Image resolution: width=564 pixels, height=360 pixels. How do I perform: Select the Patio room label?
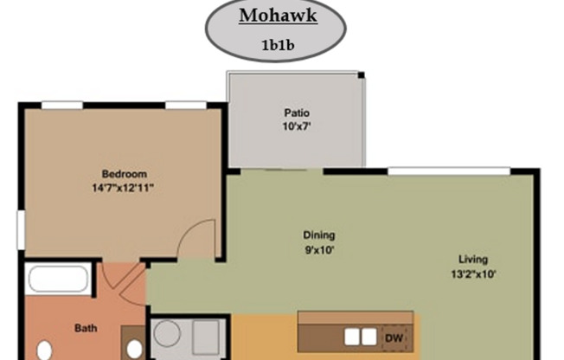pos(297,112)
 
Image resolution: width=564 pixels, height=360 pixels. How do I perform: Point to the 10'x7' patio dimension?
pos(297,126)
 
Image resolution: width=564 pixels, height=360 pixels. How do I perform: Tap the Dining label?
pos(318,235)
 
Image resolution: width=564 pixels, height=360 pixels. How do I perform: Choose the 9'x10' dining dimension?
pos(318,249)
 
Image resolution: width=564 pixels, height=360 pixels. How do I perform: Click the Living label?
pos(473,259)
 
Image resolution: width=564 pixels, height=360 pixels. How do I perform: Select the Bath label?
pos(84,328)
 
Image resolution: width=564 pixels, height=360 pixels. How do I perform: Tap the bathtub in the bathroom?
pos(57,280)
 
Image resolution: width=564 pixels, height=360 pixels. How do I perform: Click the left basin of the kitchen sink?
pos(351,336)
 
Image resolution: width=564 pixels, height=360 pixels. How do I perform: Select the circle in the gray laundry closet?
pos(167,333)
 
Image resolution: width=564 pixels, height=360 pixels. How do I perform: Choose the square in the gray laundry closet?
pos(205,334)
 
